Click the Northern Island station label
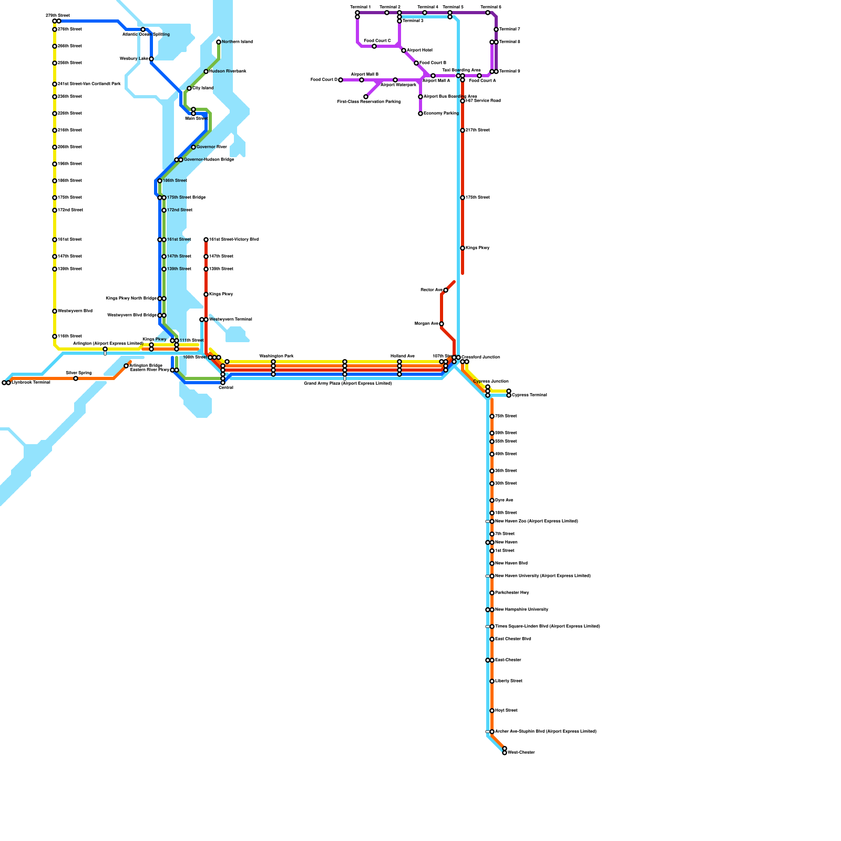(237, 42)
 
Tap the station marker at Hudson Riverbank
(206, 71)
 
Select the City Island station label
(203, 88)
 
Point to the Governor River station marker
(193, 147)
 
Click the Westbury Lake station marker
(151, 59)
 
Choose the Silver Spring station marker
(76, 378)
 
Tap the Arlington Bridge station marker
(126, 366)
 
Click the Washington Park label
(276, 356)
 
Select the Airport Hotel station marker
(404, 50)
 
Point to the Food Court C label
(377, 41)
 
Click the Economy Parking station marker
(420, 114)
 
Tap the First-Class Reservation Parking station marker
(366, 97)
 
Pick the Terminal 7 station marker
(496, 29)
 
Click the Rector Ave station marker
(446, 290)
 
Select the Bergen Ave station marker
(442, 324)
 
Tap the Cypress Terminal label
(529, 395)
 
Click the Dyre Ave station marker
(492, 500)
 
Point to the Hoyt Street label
(506, 711)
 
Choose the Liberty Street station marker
(492, 681)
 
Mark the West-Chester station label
(521, 753)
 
